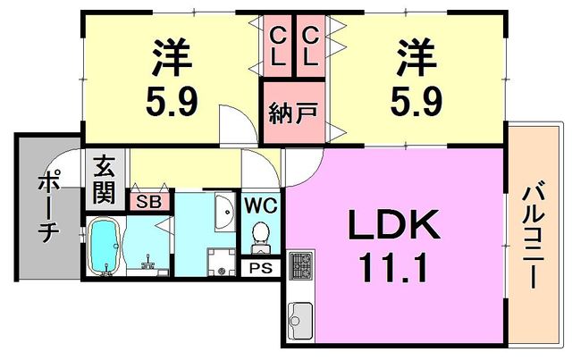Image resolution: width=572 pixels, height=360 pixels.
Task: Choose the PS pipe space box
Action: click(x=262, y=267)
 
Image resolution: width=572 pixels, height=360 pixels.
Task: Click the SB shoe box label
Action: click(x=149, y=202)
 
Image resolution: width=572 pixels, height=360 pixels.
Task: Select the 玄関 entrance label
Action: click(x=103, y=179)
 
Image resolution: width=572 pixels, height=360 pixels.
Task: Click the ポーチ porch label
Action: click(x=49, y=206)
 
